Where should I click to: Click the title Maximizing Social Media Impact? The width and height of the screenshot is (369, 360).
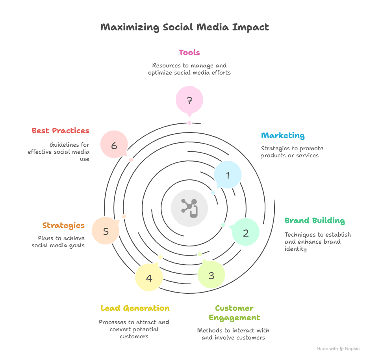pos(185,27)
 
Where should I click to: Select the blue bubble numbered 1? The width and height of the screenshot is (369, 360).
pos(228,175)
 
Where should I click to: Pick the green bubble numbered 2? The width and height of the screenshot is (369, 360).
pos(246,232)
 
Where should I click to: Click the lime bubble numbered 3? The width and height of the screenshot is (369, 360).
pos(211,275)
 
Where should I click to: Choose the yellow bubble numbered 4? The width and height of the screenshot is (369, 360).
pos(149,278)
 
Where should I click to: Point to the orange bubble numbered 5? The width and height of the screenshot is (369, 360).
pos(106,231)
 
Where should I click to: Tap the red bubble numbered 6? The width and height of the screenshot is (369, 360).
pos(114,145)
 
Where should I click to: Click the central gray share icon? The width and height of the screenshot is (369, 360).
pos(189,208)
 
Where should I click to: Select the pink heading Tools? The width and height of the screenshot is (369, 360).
pos(189,52)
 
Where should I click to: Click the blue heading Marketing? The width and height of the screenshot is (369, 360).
pos(283,136)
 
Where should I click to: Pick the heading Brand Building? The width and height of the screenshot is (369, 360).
pos(315,220)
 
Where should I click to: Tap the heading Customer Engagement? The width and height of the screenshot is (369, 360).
pos(234,313)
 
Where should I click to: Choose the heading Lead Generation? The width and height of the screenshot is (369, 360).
pos(135,308)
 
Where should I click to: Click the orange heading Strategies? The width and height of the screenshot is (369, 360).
pos(63,226)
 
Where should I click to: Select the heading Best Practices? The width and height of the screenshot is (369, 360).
pos(60,131)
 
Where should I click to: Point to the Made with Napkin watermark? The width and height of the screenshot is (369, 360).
pos(338,349)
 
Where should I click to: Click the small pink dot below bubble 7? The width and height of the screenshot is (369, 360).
pos(189,123)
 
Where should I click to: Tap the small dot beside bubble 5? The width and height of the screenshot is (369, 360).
pos(124,216)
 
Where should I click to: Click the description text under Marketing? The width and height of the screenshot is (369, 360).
pos(292,152)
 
